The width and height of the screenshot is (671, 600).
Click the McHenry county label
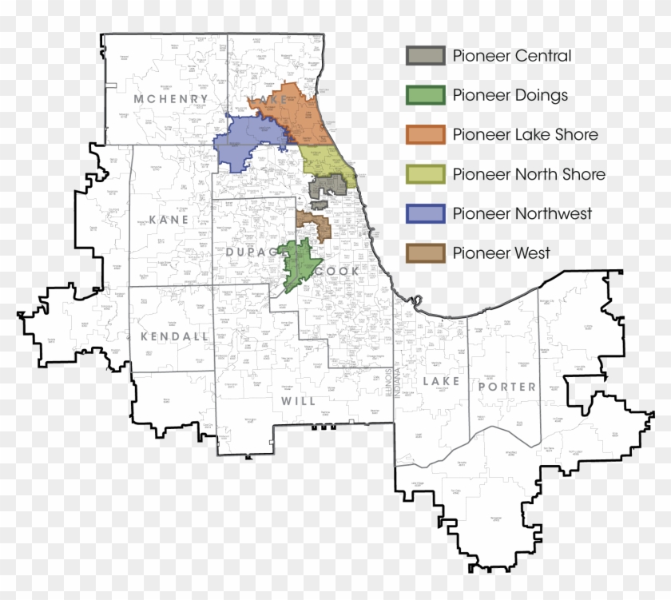(171, 99)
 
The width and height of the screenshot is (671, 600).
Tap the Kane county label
(169, 219)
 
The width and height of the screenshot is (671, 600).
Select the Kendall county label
(174, 336)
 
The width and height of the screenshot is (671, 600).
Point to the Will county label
(298, 400)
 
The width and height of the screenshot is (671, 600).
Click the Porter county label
(507, 387)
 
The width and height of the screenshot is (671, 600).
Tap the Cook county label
(338, 272)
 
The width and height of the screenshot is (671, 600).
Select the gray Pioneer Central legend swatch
(425, 56)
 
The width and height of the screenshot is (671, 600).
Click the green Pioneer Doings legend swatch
(425, 95)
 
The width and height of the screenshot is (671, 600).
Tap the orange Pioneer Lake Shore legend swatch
(425, 134)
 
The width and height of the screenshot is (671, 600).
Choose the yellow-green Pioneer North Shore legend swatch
(425, 174)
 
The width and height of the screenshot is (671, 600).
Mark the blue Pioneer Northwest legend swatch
(425, 213)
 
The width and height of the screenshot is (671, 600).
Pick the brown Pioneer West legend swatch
(425, 253)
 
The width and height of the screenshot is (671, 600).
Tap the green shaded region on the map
(300, 264)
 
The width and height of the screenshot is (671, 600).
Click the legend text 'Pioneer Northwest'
(522, 213)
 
